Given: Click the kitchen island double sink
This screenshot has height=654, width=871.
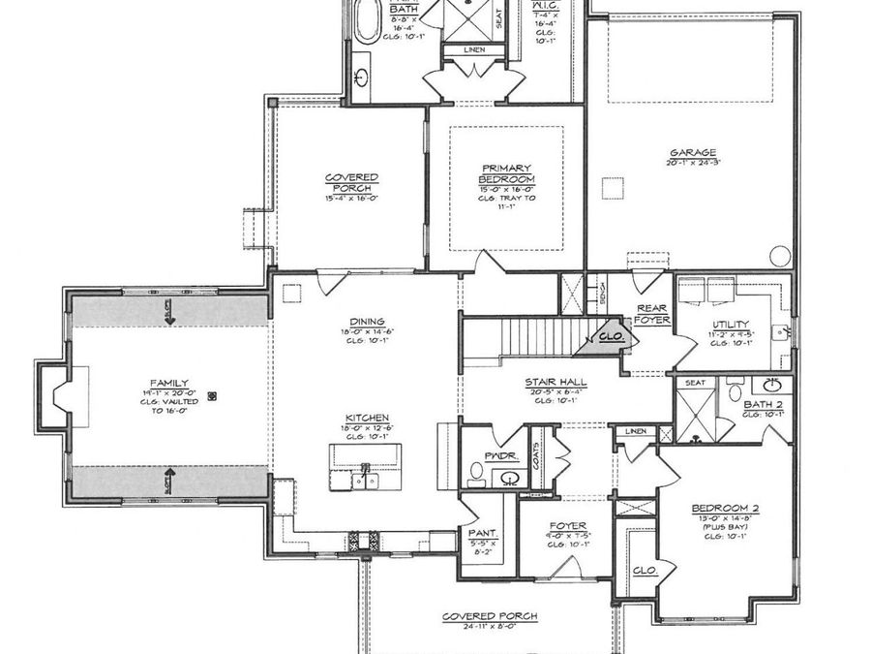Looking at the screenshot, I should (367, 478).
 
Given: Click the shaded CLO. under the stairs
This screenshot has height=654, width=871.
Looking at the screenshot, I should (610, 337).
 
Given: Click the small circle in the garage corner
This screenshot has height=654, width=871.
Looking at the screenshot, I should (780, 258).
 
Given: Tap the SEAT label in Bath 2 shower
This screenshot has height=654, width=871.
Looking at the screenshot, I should (694, 384).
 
